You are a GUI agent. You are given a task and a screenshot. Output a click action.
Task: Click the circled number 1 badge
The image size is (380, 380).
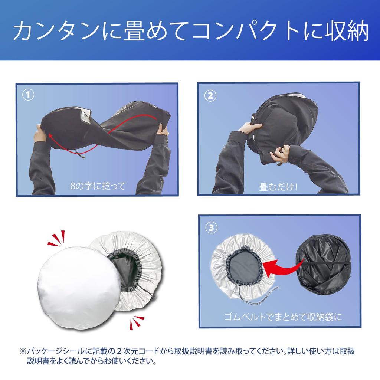28,95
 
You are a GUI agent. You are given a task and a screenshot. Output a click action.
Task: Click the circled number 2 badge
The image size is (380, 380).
210,96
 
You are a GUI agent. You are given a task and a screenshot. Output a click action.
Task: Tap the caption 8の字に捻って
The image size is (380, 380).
98,186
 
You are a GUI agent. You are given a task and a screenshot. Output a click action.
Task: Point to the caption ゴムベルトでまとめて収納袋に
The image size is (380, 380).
283,318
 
